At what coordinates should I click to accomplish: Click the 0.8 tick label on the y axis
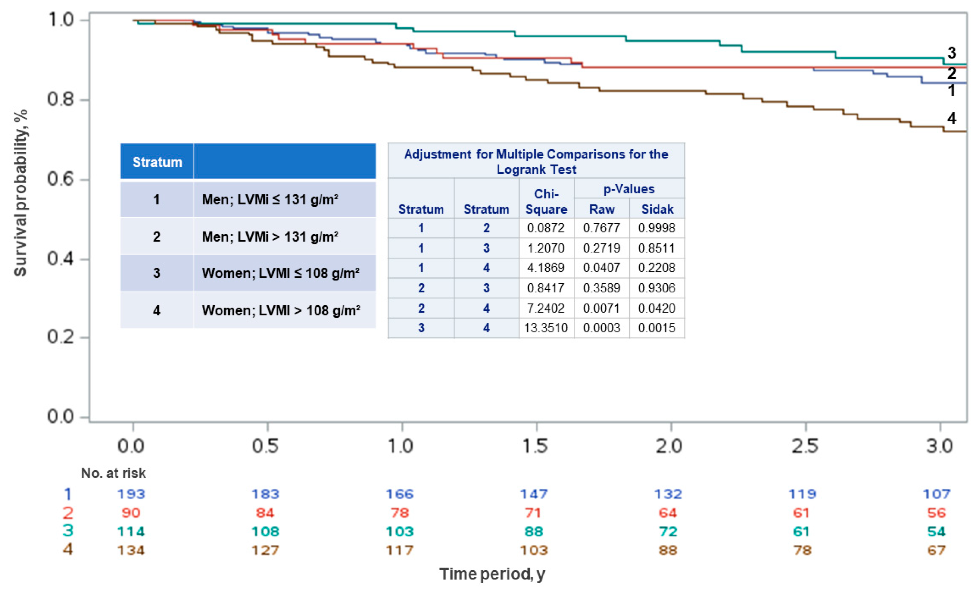pyautogui.click(x=60, y=99)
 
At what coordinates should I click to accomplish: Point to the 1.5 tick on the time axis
pyautogui.click(x=535, y=446)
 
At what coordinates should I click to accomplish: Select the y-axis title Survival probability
pyautogui.click(x=20, y=193)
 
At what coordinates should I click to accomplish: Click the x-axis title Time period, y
pyautogui.click(x=492, y=574)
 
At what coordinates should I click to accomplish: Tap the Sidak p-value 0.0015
pyautogui.click(x=656, y=328)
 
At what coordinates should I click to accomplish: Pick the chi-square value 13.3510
pyautogui.click(x=546, y=328)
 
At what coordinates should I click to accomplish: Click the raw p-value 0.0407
pyautogui.click(x=601, y=268)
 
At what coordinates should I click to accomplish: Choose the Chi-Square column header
pyautogui.click(x=546, y=201)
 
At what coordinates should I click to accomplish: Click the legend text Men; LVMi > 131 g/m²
pyautogui.click(x=270, y=237)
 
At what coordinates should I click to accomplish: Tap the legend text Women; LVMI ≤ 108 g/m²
pyautogui.click(x=280, y=273)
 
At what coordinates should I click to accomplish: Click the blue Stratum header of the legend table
pyautogui.click(x=157, y=162)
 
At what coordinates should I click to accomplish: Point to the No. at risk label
pyautogui.click(x=113, y=473)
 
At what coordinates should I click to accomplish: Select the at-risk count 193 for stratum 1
pyautogui.click(x=131, y=494)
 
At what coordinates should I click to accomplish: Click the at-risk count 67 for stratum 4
pyautogui.click(x=936, y=550)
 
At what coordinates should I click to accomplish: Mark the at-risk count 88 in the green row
pyautogui.click(x=534, y=532)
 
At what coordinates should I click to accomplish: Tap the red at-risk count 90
pyautogui.click(x=131, y=513)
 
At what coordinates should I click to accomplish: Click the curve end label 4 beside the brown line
pyautogui.click(x=951, y=118)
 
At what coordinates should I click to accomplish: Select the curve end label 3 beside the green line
pyautogui.click(x=951, y=53)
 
